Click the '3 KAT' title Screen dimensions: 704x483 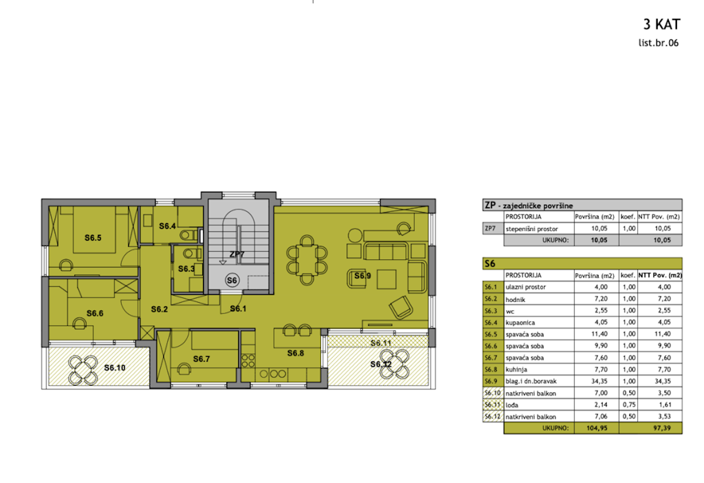pyautogui.click(x=662, y=24)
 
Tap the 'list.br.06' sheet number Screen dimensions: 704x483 pyautogui.click(x=658, y=43)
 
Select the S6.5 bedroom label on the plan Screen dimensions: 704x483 pyautogui.click(x=93, y=238)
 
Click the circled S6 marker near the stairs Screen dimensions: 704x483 pyautogui.click(x=232, y=280)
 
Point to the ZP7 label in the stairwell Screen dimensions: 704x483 pyautogui.click(x=236, y=254)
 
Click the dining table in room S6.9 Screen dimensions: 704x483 pyautogui.click(x=307, y=260)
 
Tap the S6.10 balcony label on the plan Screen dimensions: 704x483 pyautogui.click(x=115, y=367)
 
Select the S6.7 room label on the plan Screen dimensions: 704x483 pyautogui.click(x=201, y=359)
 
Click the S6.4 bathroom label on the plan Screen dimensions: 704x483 pyautogui.click(x=167, y=226)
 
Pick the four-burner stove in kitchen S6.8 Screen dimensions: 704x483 pyautogui.click(x=248, y=360)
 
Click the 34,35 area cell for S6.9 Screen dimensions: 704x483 pyautogui.click(x=599, y=381)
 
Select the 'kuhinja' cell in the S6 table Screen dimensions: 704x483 pyautogui.click(x=516, y=370)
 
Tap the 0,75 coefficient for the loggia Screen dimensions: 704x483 pyautogui.click(x=629, y=405)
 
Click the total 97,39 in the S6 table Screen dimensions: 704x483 pyautogui.click(x=662, y=428)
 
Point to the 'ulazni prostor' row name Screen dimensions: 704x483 pyautogui.click(x=526, y=287)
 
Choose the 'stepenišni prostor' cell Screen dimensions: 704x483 pyautogui.click(x=532, y=229)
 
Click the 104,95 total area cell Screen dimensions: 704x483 pyautogui.click(x=597, y=428)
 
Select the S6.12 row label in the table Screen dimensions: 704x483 pyautogui.click(x=492, y=417)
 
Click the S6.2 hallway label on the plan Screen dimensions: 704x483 pyautogui.click(x=160, y=309)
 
